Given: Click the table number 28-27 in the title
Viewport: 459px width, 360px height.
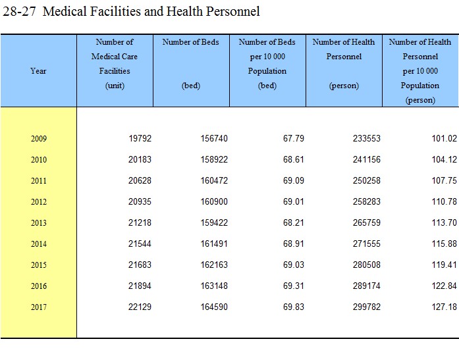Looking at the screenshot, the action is pos(19,11).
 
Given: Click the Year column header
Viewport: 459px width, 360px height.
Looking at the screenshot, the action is pos(38,71).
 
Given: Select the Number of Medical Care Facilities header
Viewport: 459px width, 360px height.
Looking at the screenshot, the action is pos(115,64).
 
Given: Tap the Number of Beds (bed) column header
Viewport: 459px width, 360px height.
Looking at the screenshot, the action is pos(191,64).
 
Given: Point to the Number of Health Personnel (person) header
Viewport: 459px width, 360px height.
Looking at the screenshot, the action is pos(344,64).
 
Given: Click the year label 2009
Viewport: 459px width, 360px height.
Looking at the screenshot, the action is pos(39,138).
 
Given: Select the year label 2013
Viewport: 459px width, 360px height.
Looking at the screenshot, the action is pos(39,222).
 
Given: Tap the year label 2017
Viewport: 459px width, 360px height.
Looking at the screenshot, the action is pos(39,307).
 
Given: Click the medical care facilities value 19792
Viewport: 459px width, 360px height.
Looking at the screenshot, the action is pos(140,138).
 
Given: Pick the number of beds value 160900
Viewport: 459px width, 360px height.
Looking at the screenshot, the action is pos(214,201).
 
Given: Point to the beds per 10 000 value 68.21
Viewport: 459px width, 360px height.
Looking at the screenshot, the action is pos(294,222).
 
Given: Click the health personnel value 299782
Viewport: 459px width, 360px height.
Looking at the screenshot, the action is pos(367,307).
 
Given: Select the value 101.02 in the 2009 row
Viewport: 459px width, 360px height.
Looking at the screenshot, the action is pos(444,138).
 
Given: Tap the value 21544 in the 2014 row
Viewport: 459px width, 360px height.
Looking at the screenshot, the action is pos(140,244).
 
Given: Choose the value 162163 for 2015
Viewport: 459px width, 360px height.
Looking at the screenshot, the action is pos(214,265).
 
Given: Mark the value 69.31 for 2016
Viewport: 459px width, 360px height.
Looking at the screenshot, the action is pos(294,286).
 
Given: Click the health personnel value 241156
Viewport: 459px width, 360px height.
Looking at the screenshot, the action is pos(367,159).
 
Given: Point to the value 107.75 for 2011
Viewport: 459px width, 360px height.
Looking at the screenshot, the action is pos(444,180).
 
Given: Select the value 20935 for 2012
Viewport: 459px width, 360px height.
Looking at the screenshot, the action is pos(140,201).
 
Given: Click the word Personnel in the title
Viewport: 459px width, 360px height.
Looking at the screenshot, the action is pos(232,11).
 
